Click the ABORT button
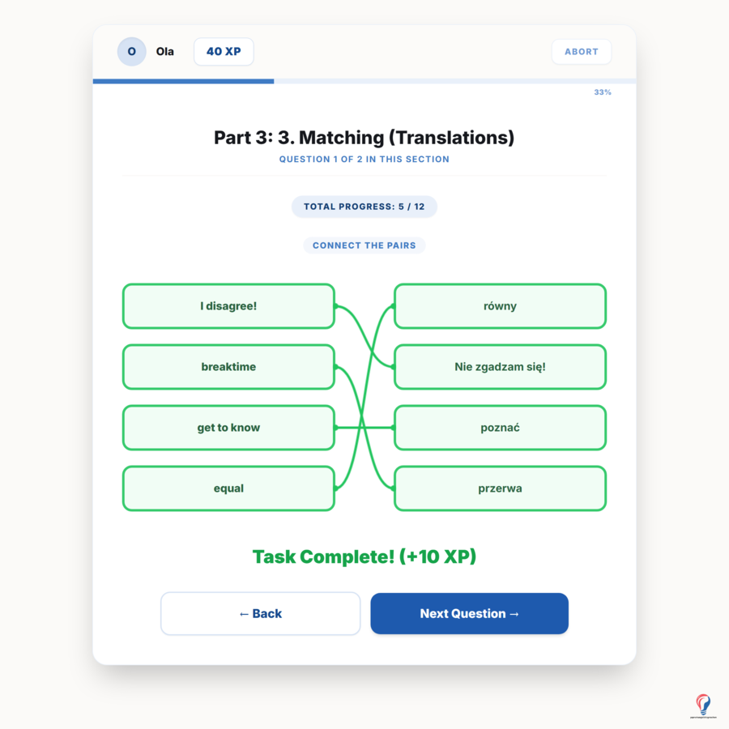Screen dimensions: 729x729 (x=581, y=52)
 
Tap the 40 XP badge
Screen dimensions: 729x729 (x=224, y=52)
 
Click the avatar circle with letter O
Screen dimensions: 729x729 (x=131, y=52)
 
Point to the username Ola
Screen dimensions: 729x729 (x=165, y=52)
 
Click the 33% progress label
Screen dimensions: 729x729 (x=603, y=92)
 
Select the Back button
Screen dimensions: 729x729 (x=260, y=613)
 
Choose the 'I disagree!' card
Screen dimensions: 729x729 (x=228, y=306)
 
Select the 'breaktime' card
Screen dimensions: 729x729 (x=228, y=367)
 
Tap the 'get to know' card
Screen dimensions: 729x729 (x=228, y=428)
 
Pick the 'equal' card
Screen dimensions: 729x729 (x=228, y=488)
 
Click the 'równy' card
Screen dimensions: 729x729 (x=501, y=306)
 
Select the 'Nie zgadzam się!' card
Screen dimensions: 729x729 (x=501, y=367)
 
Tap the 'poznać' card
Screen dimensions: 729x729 (x=501, y=428)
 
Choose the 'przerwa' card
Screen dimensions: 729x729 (x=501, y=488)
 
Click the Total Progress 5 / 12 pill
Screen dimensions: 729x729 (x=364, y=207)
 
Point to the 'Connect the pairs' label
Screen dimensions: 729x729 (x=364, y=245)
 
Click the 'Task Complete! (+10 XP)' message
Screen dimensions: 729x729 (x=364, y=556)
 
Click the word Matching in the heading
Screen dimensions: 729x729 (x=341, y=138)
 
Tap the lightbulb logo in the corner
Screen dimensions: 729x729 (x=703, y=705)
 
